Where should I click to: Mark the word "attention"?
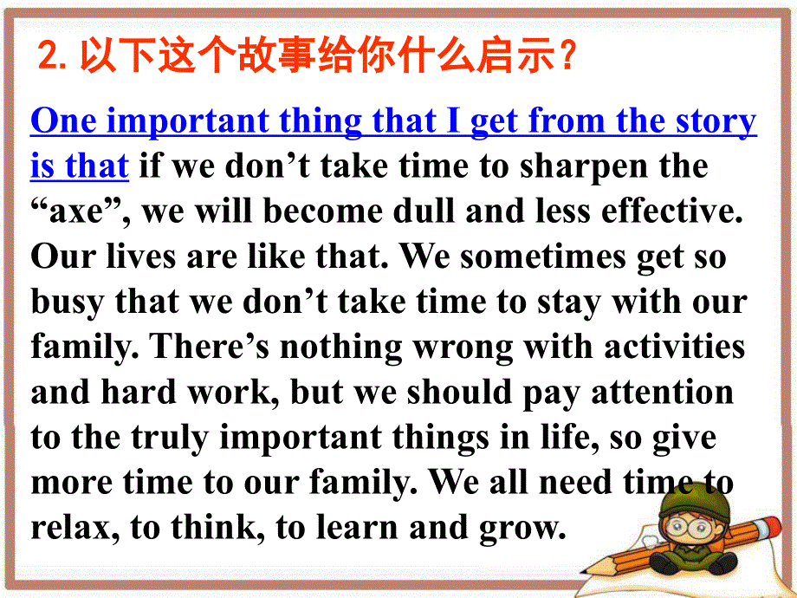[x=662, y=393]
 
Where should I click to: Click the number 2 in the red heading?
[x=49, y=60]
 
